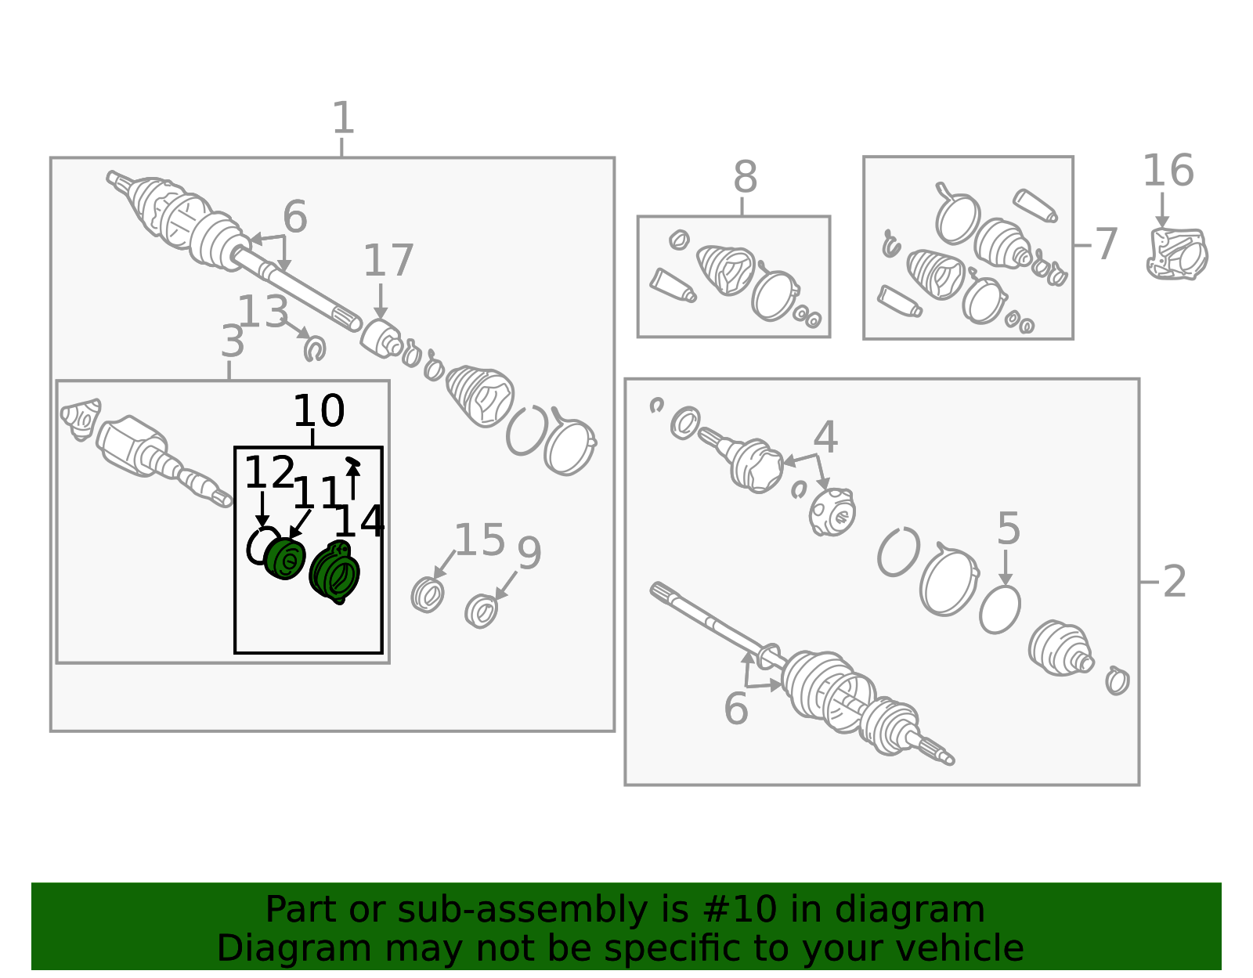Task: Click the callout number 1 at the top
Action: [x=343, y=118]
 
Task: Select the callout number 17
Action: [x=388, y=261]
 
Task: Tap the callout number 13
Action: [x=263, y=311]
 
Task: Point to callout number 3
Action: [x=233, y=341]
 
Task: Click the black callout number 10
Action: [x=319, y=411]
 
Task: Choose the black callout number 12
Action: [x=270, y=472]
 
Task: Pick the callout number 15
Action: [x=480, y=540]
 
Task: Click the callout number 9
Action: [x=529, y=554]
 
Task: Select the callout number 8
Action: [x=745, y=177]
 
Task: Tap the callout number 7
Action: [x=1106, y=244]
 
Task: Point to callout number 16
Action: [x=1168, y=171]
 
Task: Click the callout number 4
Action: [x=825, y=437]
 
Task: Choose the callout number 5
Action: [x=1009, y=528]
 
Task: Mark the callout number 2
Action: [x=1175, y=582]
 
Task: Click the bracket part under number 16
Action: [x=1177, y=254]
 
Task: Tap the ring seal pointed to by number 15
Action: [x=428, y=595]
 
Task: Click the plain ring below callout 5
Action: [x=1000, y=610]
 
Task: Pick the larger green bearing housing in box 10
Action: [x=334, y=573]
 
